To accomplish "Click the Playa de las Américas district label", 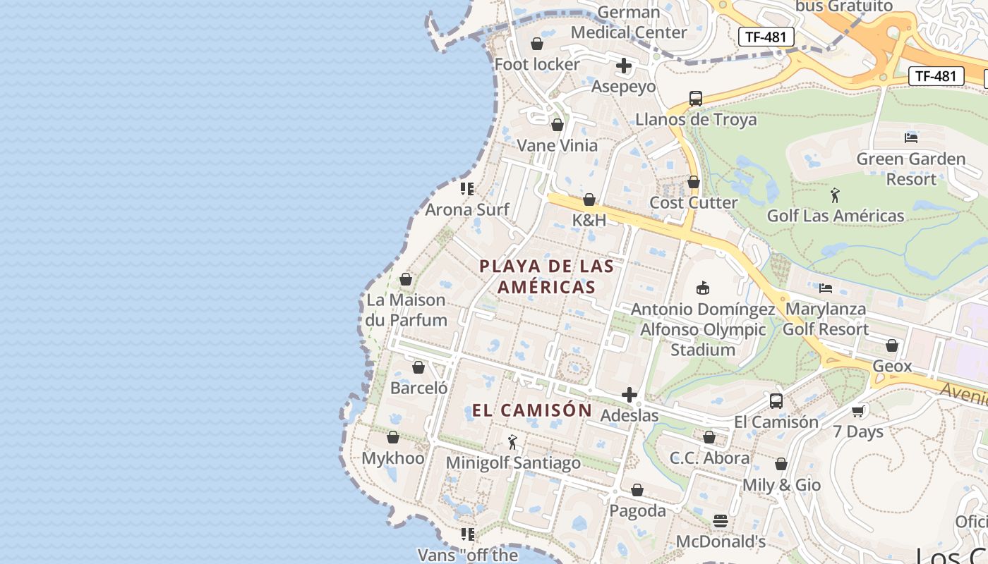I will (546, 276).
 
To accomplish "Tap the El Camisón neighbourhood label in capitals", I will (532, 410).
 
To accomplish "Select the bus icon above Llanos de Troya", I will (696, 99).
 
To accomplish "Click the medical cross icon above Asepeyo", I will (624, 66).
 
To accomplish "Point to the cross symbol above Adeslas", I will (629, 396).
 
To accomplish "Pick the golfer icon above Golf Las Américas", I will (836, 195).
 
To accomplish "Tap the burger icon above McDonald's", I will (721, 521).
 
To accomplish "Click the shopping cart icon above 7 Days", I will (858, 411).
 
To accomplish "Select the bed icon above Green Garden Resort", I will (911, 137).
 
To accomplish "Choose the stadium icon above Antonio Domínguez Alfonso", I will (702, 288).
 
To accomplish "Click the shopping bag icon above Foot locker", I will (537, 44).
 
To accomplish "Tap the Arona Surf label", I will (466, 209).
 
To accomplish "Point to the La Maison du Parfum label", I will (406, 310).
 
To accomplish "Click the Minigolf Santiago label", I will (513, 463).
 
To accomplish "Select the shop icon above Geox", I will (892, 345).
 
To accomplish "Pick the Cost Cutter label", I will (693, 203).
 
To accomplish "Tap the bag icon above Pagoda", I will (637, 490).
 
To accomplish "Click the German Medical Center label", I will (628, 23).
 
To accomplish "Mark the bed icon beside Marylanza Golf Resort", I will (825, 288).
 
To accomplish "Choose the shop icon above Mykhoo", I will (393, 438).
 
